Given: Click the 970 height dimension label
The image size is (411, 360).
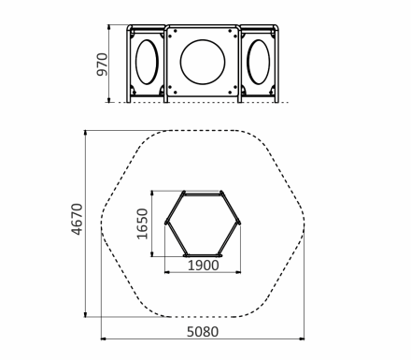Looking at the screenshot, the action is [x=102, y=65].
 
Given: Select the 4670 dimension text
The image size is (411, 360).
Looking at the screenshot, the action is [x=77, y=219].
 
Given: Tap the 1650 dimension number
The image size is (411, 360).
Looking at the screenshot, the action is [x=142, y=223].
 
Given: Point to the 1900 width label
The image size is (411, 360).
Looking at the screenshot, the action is [x=204, y=266].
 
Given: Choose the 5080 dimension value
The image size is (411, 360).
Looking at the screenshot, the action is [x=203, y=332].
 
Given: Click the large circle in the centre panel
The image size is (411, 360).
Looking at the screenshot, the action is [x=203, y=39].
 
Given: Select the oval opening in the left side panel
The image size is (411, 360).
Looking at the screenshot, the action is [x=147, y=39].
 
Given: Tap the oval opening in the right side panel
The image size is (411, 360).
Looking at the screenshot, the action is [x=259, y=39].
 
